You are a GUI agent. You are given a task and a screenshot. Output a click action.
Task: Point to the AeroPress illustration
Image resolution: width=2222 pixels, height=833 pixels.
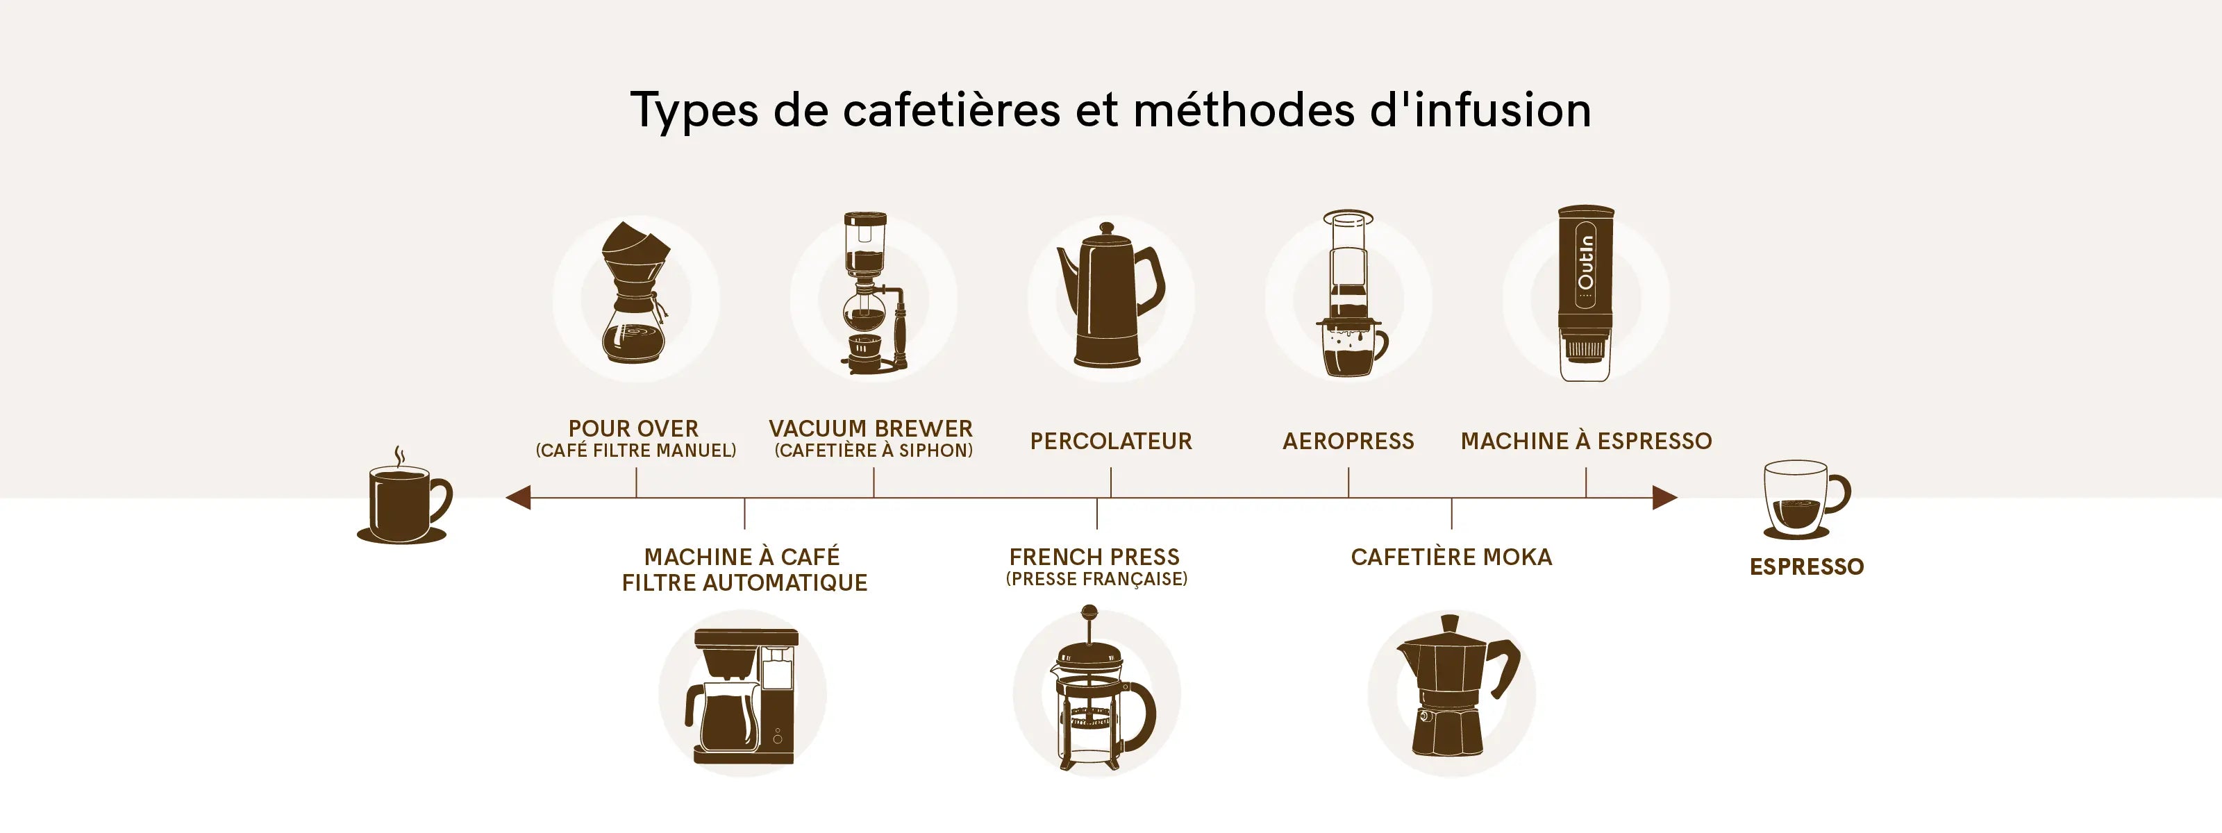pos(1350,293)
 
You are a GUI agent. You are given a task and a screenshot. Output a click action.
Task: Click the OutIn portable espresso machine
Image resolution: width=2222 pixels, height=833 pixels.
pos(1585,293)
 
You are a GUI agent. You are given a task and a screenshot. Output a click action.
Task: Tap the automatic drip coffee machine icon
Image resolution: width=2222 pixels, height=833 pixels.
pos(742,697)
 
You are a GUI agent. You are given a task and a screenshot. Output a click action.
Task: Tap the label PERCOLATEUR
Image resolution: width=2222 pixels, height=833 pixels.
pos(1111,441)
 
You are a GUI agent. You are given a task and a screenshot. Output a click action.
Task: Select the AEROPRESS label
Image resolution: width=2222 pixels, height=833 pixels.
pos(1348,441)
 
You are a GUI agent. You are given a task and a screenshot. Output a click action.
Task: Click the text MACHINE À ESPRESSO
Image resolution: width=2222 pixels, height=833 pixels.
pos(1586,441)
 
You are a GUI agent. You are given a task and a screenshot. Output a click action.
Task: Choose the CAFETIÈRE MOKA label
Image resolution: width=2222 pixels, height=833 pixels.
pos(1452,557)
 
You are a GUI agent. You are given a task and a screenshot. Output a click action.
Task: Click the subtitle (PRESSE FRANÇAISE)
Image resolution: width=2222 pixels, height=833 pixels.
pos(1096,579)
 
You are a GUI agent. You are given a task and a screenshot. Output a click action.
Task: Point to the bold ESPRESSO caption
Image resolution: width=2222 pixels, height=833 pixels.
pos(1806,566)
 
